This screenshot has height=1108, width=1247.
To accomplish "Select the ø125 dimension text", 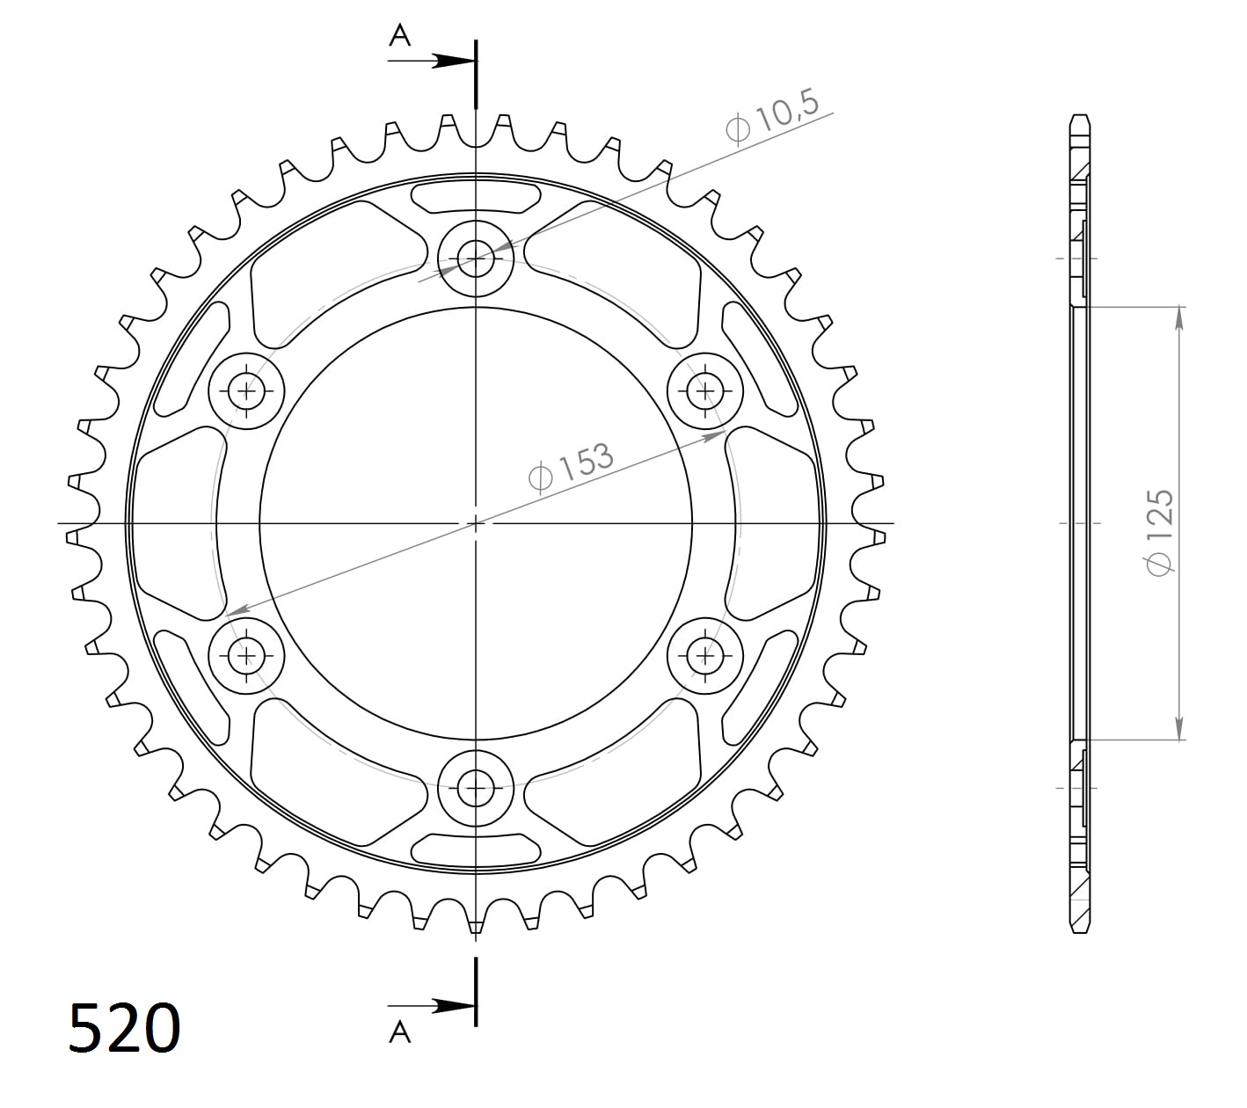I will click(x=1159, y=533).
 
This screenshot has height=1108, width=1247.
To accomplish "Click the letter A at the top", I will click(x=400, y=35).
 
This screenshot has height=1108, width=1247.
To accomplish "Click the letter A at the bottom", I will click(x=400, y=1031).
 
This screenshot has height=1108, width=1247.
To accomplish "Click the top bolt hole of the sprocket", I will click(x=476, y=259).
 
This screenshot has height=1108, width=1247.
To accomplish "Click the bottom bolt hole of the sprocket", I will click(x=476, y=787).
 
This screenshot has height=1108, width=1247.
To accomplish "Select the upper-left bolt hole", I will click(x=246, y=390).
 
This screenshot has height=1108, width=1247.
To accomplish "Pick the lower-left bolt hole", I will click(x=246, y=654).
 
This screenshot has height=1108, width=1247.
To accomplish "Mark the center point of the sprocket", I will click(x=476, y=523).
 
